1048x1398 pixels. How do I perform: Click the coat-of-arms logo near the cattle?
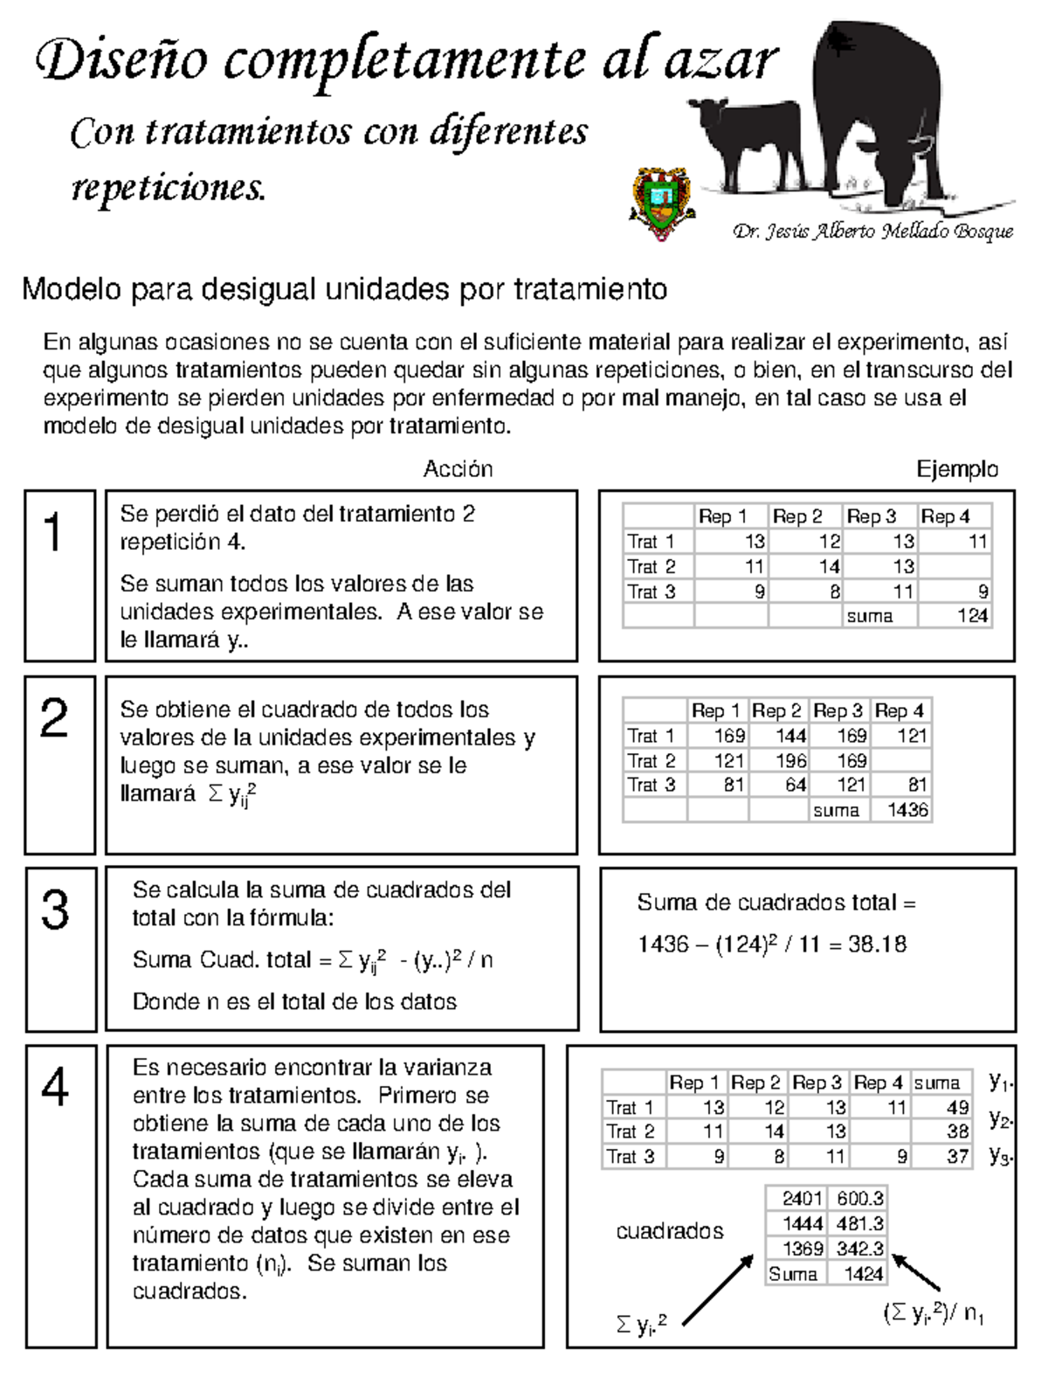coord(660,203)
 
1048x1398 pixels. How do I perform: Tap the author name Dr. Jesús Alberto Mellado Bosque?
coord(872,232)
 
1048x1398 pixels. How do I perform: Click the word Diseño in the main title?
coord(122,61)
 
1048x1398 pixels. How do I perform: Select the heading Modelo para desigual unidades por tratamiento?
coord(344,289)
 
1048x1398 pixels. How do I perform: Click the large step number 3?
coord(55,910)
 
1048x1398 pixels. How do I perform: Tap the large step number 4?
coord(55,1088)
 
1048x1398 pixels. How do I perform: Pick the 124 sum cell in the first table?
coord(971,616)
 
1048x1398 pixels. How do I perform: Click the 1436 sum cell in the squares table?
coord(907,810)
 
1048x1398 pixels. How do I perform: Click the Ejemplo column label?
coord(956,469)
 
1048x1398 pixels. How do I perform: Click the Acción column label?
coord(458,469)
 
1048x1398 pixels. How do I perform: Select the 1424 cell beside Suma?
coord(863,1274)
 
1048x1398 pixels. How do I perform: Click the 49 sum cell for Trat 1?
coord(957,1108)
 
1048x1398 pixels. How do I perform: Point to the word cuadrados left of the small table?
coord(669,1231)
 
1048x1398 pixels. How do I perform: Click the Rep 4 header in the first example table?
coord(945,516)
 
